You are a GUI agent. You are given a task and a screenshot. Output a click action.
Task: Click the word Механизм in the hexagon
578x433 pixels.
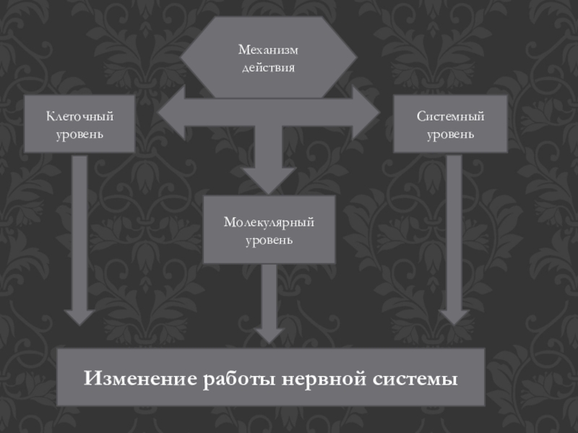[268, 51]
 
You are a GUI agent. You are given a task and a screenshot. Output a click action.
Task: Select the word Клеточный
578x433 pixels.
[80, 116]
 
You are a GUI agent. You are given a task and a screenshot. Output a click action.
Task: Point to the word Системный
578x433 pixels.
[450, 116]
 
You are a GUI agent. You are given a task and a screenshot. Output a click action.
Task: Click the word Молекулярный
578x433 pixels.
[269, 222]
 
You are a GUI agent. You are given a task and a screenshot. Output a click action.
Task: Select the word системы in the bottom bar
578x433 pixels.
[414, 378]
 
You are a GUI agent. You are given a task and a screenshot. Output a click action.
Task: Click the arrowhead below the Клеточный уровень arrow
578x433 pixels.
[79, 316]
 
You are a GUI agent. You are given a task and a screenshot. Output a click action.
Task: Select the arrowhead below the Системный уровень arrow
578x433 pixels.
[454, 316]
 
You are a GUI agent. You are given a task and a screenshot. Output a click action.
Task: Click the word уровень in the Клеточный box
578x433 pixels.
[80, 134]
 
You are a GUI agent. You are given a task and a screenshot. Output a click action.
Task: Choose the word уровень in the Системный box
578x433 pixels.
[450, 134]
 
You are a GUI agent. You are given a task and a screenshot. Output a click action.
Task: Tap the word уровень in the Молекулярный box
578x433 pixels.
[269, 239]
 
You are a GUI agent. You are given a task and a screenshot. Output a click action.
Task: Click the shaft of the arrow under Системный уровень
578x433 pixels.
[454, 231]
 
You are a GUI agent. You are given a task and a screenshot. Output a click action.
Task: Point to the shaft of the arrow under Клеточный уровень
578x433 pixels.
[79, 231]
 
